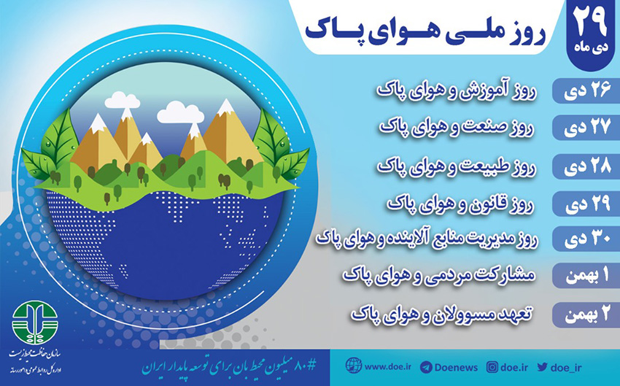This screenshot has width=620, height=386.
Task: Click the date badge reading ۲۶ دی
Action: [586, 91]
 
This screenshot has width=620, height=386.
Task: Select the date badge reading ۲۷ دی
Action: [586, 128]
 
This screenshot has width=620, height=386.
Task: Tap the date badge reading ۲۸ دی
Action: [586, 166]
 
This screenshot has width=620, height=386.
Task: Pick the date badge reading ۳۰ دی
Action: [586, 239]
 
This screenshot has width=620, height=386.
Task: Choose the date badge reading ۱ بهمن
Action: [586, 275]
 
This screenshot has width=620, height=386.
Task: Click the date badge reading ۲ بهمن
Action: [586, 314]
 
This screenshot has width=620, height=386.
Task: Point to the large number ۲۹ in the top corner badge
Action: [590, 22]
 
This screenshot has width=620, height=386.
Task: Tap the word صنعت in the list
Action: [488, 128]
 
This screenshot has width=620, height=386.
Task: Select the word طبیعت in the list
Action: [487, 166]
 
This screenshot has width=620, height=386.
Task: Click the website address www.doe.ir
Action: [387, 366]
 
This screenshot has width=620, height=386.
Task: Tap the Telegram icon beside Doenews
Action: [426, 367]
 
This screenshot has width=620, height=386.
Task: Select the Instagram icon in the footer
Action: [492, 367]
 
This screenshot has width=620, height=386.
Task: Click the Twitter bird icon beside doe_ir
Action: [542, 367]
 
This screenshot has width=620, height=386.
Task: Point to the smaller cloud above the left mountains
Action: [123, 100]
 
